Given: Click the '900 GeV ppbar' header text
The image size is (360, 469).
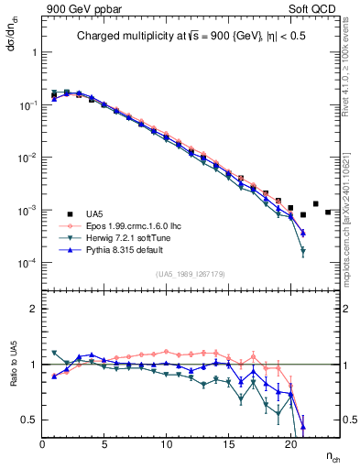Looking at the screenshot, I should tap(81, 7).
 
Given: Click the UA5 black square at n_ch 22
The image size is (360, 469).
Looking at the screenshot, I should tap(316, 204).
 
